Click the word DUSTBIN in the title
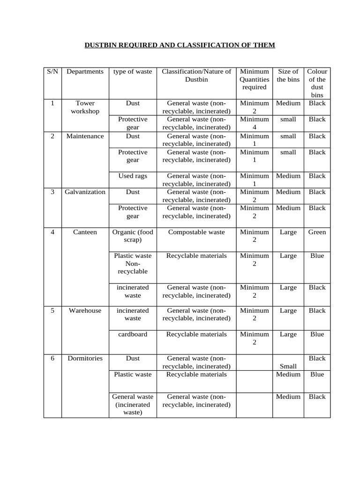(101, 45)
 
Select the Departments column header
(85, 72)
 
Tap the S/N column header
(52, 72)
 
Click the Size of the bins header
(288, 75)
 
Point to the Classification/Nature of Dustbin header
(196, 75)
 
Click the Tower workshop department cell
(85, 107)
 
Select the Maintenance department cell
(85, 136)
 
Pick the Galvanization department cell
(85, 192)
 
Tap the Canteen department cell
(85, 232)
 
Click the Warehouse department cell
(85, 310)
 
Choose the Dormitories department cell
(85, 358)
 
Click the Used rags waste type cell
(133, 176)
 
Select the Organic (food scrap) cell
(133, 236)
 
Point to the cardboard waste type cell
(133, 334)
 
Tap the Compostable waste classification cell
(196, 232)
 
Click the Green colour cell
(317, 232)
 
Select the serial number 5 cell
(52, 310)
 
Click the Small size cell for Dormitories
(288, 366)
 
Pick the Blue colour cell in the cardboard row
(317, 334)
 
